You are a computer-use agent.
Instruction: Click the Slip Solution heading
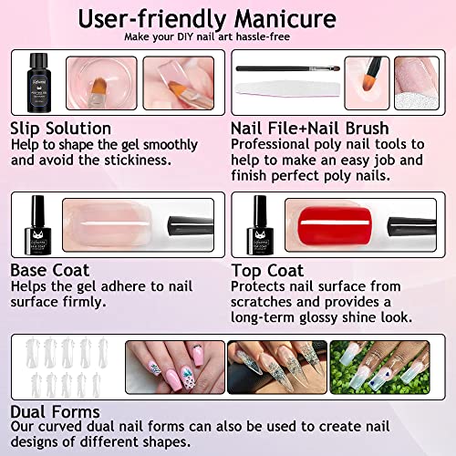point(61,129)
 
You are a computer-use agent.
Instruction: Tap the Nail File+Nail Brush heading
point(310,129)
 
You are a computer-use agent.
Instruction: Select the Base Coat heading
point(50,270)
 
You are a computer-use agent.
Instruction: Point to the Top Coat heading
point(267,271)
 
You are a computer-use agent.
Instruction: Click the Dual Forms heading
point(55,412)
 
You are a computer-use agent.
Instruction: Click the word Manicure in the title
point(285,19)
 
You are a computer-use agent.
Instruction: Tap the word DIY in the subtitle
point(185,36)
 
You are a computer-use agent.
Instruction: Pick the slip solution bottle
point(38,83)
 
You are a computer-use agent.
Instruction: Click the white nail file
point(287,88)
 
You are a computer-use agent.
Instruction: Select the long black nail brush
point(287,68)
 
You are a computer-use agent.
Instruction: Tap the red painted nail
point(335,225)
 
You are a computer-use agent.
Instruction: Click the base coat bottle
point(38,225)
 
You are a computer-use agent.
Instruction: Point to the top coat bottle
point(260,225)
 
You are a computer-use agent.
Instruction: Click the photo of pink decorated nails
point(175,368)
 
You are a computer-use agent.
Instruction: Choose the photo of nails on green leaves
point(379,368)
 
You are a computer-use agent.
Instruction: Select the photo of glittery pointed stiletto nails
point(277,368)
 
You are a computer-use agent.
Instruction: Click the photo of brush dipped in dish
point(101,83)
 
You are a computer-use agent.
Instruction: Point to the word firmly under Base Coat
point(85,303)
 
